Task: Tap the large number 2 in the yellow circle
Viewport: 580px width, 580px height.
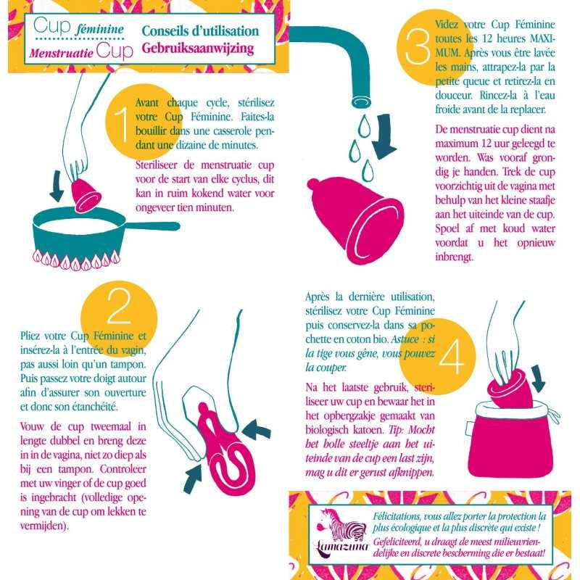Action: [119, 305]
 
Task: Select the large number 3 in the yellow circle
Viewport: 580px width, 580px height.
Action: [418, 47]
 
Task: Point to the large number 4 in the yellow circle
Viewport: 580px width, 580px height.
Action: [451, 357]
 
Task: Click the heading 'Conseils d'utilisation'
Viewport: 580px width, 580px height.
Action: [200, 31]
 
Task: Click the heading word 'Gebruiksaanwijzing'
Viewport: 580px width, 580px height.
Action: [197, 49]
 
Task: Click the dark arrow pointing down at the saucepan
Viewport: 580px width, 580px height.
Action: [57, 186]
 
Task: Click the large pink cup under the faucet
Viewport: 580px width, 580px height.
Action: [356, 219]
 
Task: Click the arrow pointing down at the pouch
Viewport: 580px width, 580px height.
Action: [538, 378]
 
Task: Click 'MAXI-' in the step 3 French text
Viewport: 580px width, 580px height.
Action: [542, 39]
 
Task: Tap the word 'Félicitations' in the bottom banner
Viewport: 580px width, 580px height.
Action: [397, 516]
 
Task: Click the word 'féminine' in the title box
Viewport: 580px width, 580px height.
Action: [99, 29]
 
